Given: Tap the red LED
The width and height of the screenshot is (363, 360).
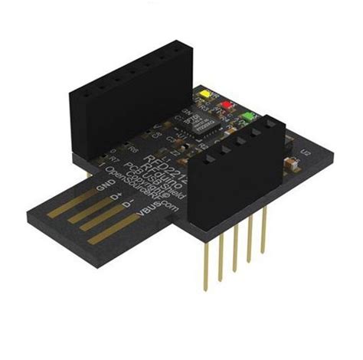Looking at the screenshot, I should (x=226, y=106).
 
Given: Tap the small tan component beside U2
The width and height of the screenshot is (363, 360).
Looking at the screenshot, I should (x=291, y=162).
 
